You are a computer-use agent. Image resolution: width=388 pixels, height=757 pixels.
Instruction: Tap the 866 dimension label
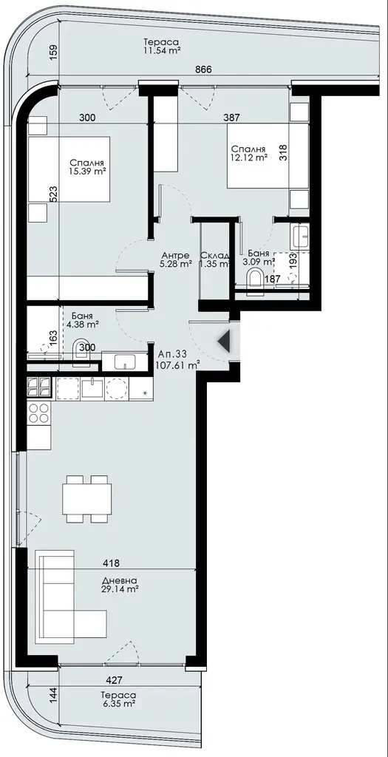click(204, 69)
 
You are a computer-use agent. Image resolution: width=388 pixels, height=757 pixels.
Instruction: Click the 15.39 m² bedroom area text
click(87, 171)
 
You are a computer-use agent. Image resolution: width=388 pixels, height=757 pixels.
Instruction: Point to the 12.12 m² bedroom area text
click(249, 157)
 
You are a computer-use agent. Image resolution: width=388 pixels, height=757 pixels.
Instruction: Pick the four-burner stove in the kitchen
click(39, 413)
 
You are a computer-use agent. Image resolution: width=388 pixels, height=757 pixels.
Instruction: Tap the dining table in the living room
click(87, 499)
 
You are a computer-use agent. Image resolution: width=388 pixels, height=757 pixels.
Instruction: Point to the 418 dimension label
click(111, 563)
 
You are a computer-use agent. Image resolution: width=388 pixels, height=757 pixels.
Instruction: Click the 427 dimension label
click(114, 680)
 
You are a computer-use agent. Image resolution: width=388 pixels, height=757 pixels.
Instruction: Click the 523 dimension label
click(54, 194)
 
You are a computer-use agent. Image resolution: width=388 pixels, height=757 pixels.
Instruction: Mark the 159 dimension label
click(54, 52)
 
